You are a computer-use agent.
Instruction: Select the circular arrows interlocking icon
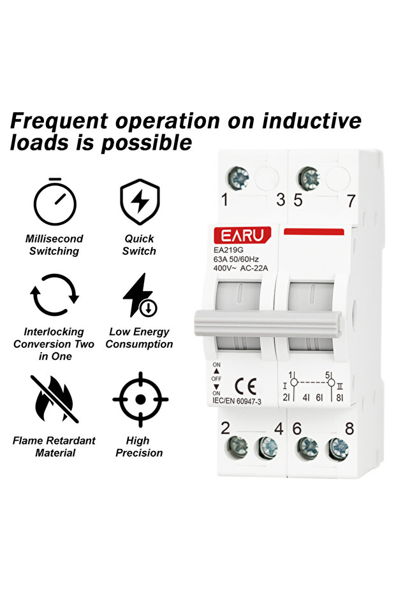pos(55,296)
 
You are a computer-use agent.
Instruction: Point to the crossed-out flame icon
pos(54,399)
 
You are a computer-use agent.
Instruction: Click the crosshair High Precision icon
pos(140,399)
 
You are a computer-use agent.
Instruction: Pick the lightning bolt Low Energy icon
pos(140,296)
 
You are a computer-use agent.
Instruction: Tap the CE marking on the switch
pos(246,385)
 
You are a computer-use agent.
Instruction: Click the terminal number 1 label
pos(224,200)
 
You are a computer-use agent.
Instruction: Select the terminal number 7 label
pos(350,200)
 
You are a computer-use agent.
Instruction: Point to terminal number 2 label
pos(224,428)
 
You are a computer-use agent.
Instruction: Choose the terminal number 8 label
pos(349,428)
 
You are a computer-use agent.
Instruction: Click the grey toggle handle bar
pos(268,323)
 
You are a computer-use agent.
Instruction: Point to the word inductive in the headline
pos(312,120)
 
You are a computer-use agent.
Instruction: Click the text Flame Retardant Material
pos(54,447)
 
